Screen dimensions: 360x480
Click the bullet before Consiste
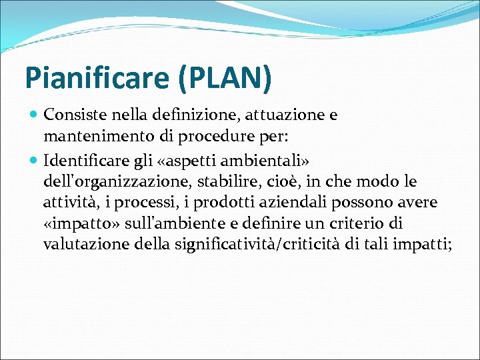pos(34,115)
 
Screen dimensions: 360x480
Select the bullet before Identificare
pos(34,161)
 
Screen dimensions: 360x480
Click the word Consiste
pos(70,115)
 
